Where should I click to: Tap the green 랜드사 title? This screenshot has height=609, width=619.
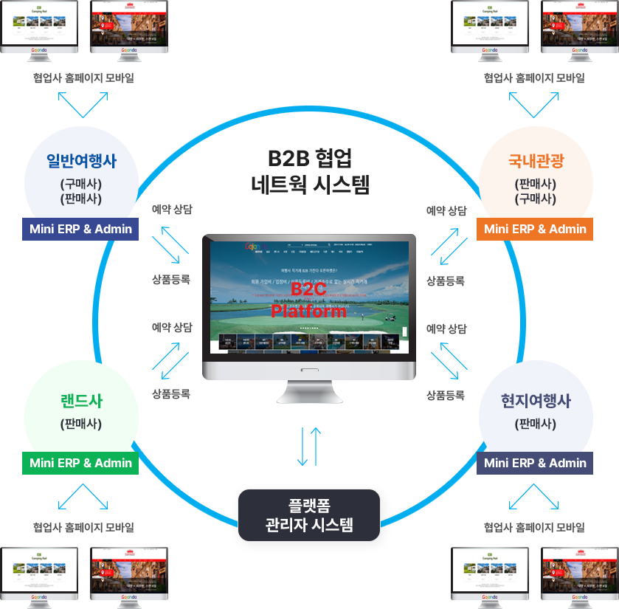coord(81,401)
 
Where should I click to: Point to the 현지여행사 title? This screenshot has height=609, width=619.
coord(536,401)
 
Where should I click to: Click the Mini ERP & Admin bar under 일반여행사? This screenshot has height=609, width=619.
coord(81,229)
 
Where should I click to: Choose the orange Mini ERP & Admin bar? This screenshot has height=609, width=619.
coord(536,229)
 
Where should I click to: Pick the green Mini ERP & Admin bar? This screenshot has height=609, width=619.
coord(81,463)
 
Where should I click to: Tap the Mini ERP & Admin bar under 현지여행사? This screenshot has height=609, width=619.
coord(536,463)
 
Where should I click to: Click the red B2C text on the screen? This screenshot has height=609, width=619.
coord(308,290)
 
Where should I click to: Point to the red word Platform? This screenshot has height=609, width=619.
coord(308,311)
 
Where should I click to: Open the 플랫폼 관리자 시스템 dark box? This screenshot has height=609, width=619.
coord(309,515)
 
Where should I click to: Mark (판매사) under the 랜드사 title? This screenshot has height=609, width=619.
coord(81,424)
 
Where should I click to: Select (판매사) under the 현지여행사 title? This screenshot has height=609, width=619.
coord(536,424)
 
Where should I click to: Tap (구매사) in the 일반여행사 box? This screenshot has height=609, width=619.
coord(81,184)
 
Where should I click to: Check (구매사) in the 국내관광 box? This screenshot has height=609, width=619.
coord(536,199)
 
